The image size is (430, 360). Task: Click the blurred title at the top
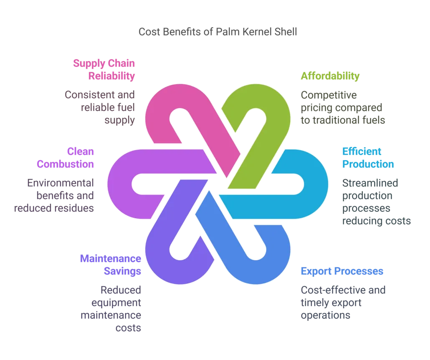(217, 32)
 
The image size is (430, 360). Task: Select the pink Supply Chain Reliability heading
(104, 70)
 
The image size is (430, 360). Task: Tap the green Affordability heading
(330, 76)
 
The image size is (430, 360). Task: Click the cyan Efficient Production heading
(367, 157)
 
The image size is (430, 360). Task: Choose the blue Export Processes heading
(342, 272)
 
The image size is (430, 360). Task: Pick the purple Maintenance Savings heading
(111, 264)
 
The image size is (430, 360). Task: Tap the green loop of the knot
(271, 113)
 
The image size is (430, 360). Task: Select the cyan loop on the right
(311, 184)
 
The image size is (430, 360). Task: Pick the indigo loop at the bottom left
(161, 259)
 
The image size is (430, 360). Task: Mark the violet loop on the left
(121, 184)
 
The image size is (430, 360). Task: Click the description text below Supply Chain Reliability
(100, 108)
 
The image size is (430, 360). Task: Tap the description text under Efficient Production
(375, 202)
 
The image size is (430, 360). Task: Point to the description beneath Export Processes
(343, 302)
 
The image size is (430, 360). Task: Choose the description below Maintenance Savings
(121, 309)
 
